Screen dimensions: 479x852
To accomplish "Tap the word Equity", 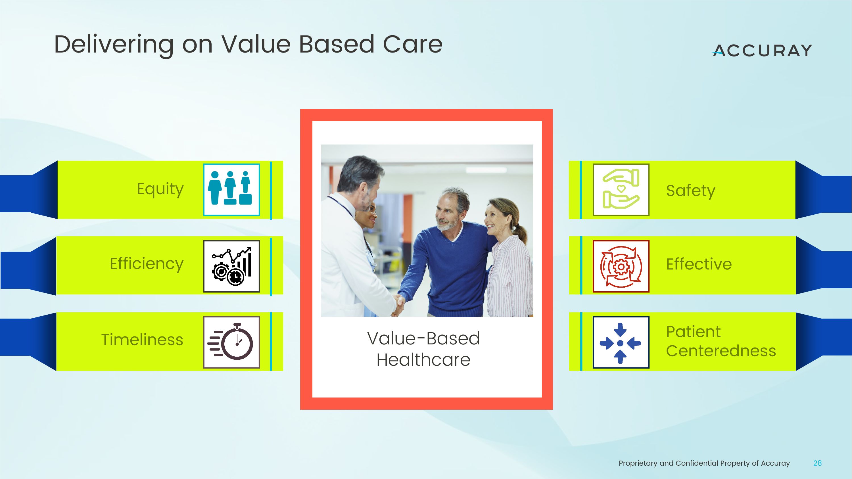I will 160,189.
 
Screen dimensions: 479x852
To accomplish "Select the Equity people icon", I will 231,189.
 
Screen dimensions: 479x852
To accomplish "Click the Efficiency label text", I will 147,264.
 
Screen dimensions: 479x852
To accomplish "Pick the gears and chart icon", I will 231,266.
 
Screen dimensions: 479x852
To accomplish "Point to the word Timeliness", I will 142,340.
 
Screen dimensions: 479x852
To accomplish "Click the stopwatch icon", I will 231,342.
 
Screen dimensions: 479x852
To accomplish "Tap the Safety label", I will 691,191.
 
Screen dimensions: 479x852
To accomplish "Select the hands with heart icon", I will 621,189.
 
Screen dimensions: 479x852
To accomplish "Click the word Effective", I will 699,264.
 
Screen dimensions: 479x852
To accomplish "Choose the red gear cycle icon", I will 621,266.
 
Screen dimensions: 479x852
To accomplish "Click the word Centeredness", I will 721,351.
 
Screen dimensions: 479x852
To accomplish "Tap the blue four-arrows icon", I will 621,342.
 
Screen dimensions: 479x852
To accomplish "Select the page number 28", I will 817,463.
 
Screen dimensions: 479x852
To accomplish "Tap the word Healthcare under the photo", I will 423,360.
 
